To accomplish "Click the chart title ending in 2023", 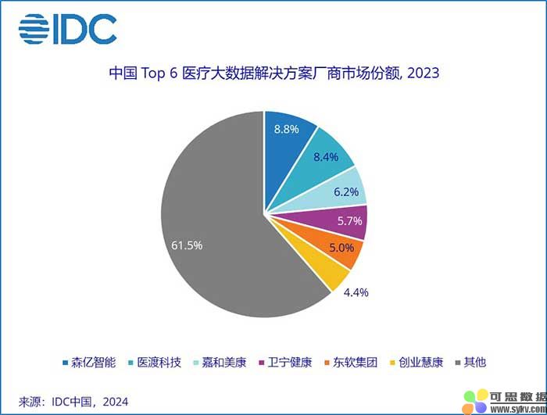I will point(273,74).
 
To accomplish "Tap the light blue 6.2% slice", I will point(344,189).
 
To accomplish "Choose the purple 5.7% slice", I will point(347,223).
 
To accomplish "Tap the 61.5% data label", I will point(187,245).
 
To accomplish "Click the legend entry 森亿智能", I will point(89,362).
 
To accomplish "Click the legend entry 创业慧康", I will point(417,362).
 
